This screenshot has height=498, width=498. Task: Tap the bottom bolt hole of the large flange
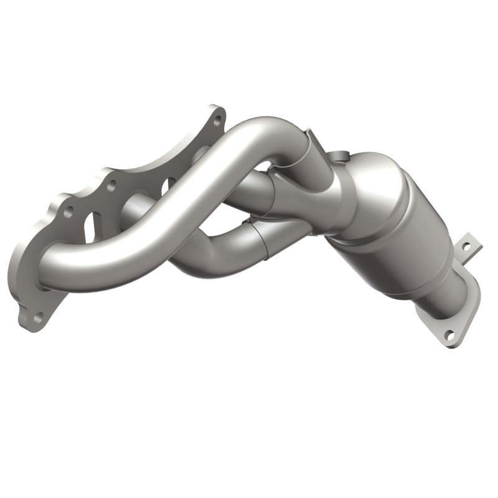point(37,317)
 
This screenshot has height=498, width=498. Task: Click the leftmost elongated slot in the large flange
point(89,227)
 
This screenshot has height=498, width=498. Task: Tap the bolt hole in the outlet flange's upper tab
point(464,247)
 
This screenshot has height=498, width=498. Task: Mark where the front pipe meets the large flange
point(53,274)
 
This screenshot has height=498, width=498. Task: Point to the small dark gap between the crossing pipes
point(265,167)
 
